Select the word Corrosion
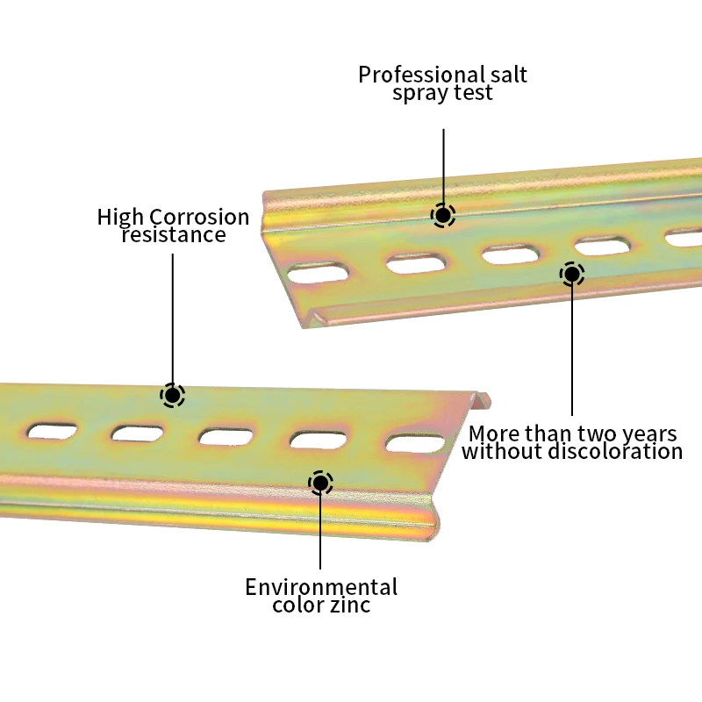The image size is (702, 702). [199, 217]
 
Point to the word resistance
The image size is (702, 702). [174, 235]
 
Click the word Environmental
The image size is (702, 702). [321, 587]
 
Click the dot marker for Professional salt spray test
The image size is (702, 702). [443, 215]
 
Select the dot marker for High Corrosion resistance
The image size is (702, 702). [173, 396]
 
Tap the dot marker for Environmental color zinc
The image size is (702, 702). [321, 482]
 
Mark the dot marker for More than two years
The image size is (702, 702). [572, 275]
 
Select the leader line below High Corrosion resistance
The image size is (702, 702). [173, 316]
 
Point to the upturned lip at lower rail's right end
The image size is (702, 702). [481, 400]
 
